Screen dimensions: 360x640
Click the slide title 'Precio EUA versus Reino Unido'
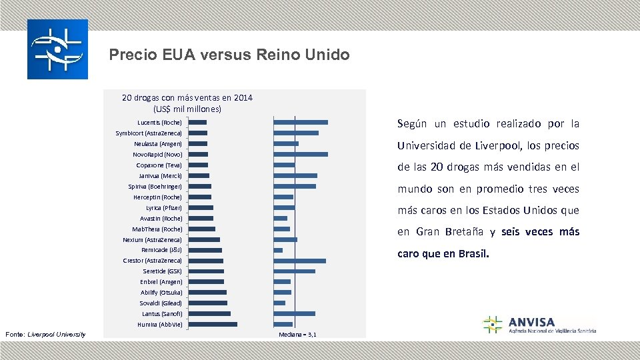coord(229,55)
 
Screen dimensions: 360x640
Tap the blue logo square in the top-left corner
coord(57,49)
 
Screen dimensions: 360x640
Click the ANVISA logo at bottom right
coord(539,325)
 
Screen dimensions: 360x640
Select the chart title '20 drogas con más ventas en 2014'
coord(187,98)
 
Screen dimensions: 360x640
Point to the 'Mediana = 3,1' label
coord(297,334)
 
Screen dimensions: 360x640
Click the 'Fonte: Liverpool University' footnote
coord(45,334)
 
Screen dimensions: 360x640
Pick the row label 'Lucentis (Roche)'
coord(159,123)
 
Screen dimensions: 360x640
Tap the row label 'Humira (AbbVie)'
coord(159,324)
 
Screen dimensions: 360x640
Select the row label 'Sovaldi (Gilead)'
coord(161,303)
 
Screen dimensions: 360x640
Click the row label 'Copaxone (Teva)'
coord(159,165)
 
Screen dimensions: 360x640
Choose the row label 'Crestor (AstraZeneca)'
coord(152,261)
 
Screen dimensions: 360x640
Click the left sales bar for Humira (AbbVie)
coord(213,324)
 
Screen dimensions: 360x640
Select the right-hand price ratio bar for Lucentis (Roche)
coord(301,122)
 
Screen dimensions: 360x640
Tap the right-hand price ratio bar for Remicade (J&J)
coord(278,250)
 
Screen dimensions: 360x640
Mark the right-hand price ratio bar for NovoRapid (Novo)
coord(301,154)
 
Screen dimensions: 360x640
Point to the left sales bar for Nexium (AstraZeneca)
coord(204,239)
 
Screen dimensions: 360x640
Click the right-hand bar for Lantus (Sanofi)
coord(295,313)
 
